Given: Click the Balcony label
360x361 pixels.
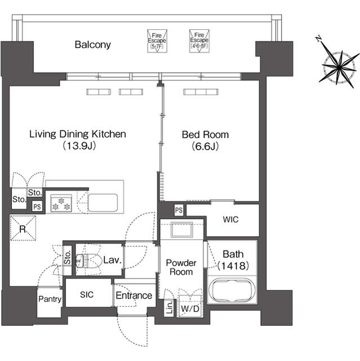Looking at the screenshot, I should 93,45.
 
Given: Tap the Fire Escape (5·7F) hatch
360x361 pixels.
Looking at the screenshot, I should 155,40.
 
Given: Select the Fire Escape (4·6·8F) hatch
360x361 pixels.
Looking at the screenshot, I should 198,40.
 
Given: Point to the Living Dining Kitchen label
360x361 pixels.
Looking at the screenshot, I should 78,134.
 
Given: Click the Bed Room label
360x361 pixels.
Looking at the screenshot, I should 205,134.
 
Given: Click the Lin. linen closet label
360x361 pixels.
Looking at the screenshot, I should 169,309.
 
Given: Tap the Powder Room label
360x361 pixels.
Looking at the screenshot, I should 181,267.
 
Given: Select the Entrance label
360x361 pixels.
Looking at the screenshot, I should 134,295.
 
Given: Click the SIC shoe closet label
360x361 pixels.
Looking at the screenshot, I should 86,295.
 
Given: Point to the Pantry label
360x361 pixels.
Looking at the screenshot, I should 50,299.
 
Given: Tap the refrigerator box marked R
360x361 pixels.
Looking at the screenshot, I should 22,229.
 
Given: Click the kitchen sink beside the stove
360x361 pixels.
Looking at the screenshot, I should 102,201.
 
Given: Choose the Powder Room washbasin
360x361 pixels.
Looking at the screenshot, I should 181,231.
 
